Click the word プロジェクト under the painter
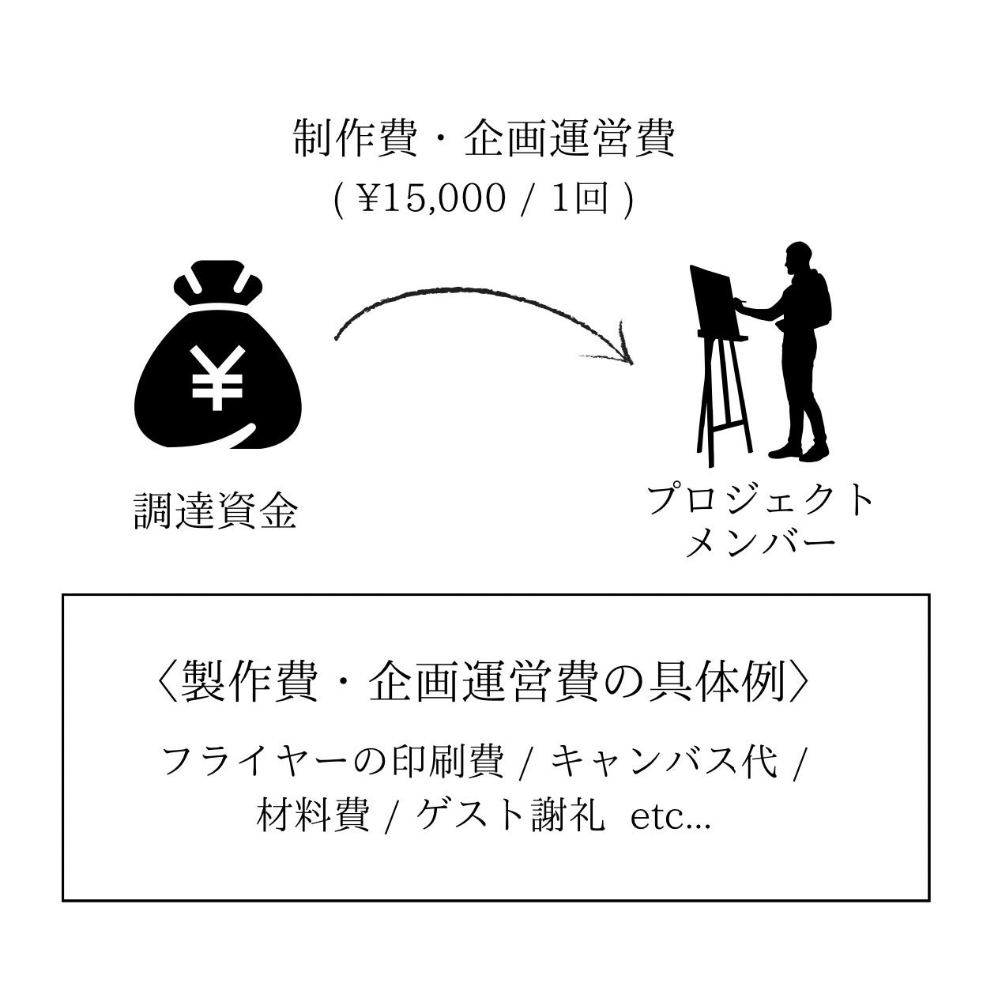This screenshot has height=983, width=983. pos(760,501)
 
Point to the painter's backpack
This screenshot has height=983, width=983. pos(820,300)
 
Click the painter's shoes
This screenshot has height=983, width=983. pos(798,452)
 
